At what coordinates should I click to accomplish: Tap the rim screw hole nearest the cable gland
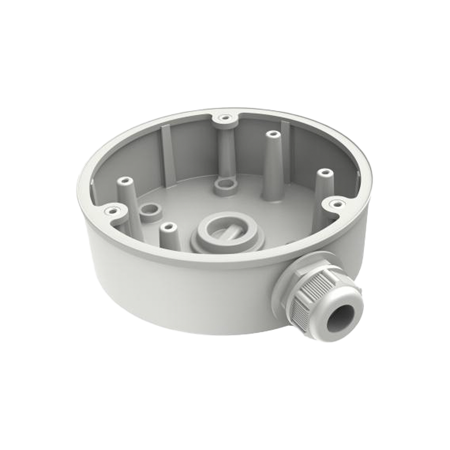pyautogui.click(x=337, y=204)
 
